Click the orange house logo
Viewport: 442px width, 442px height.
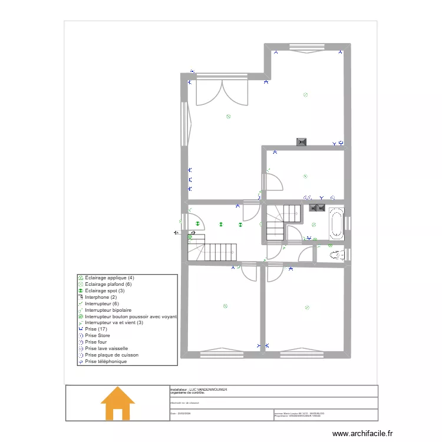(x=118, y=404)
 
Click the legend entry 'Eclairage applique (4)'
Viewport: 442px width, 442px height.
(x=110, y=278)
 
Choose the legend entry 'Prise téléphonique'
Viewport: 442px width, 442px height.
(x=105, y=362)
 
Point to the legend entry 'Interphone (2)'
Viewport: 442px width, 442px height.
(x=101, y=297)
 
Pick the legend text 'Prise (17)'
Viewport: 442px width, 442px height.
(x=96, y=329)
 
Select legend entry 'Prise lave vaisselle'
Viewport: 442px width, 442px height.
(x=106, y=349)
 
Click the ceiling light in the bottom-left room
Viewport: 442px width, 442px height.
(x=225, y=306)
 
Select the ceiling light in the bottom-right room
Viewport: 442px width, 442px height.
(x=307, y=306)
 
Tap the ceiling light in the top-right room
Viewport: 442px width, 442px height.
(x=305, y=94)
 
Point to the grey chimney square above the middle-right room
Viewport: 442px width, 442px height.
(x=302, y=141)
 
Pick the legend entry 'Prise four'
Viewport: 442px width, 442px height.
(x=95, y=342)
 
